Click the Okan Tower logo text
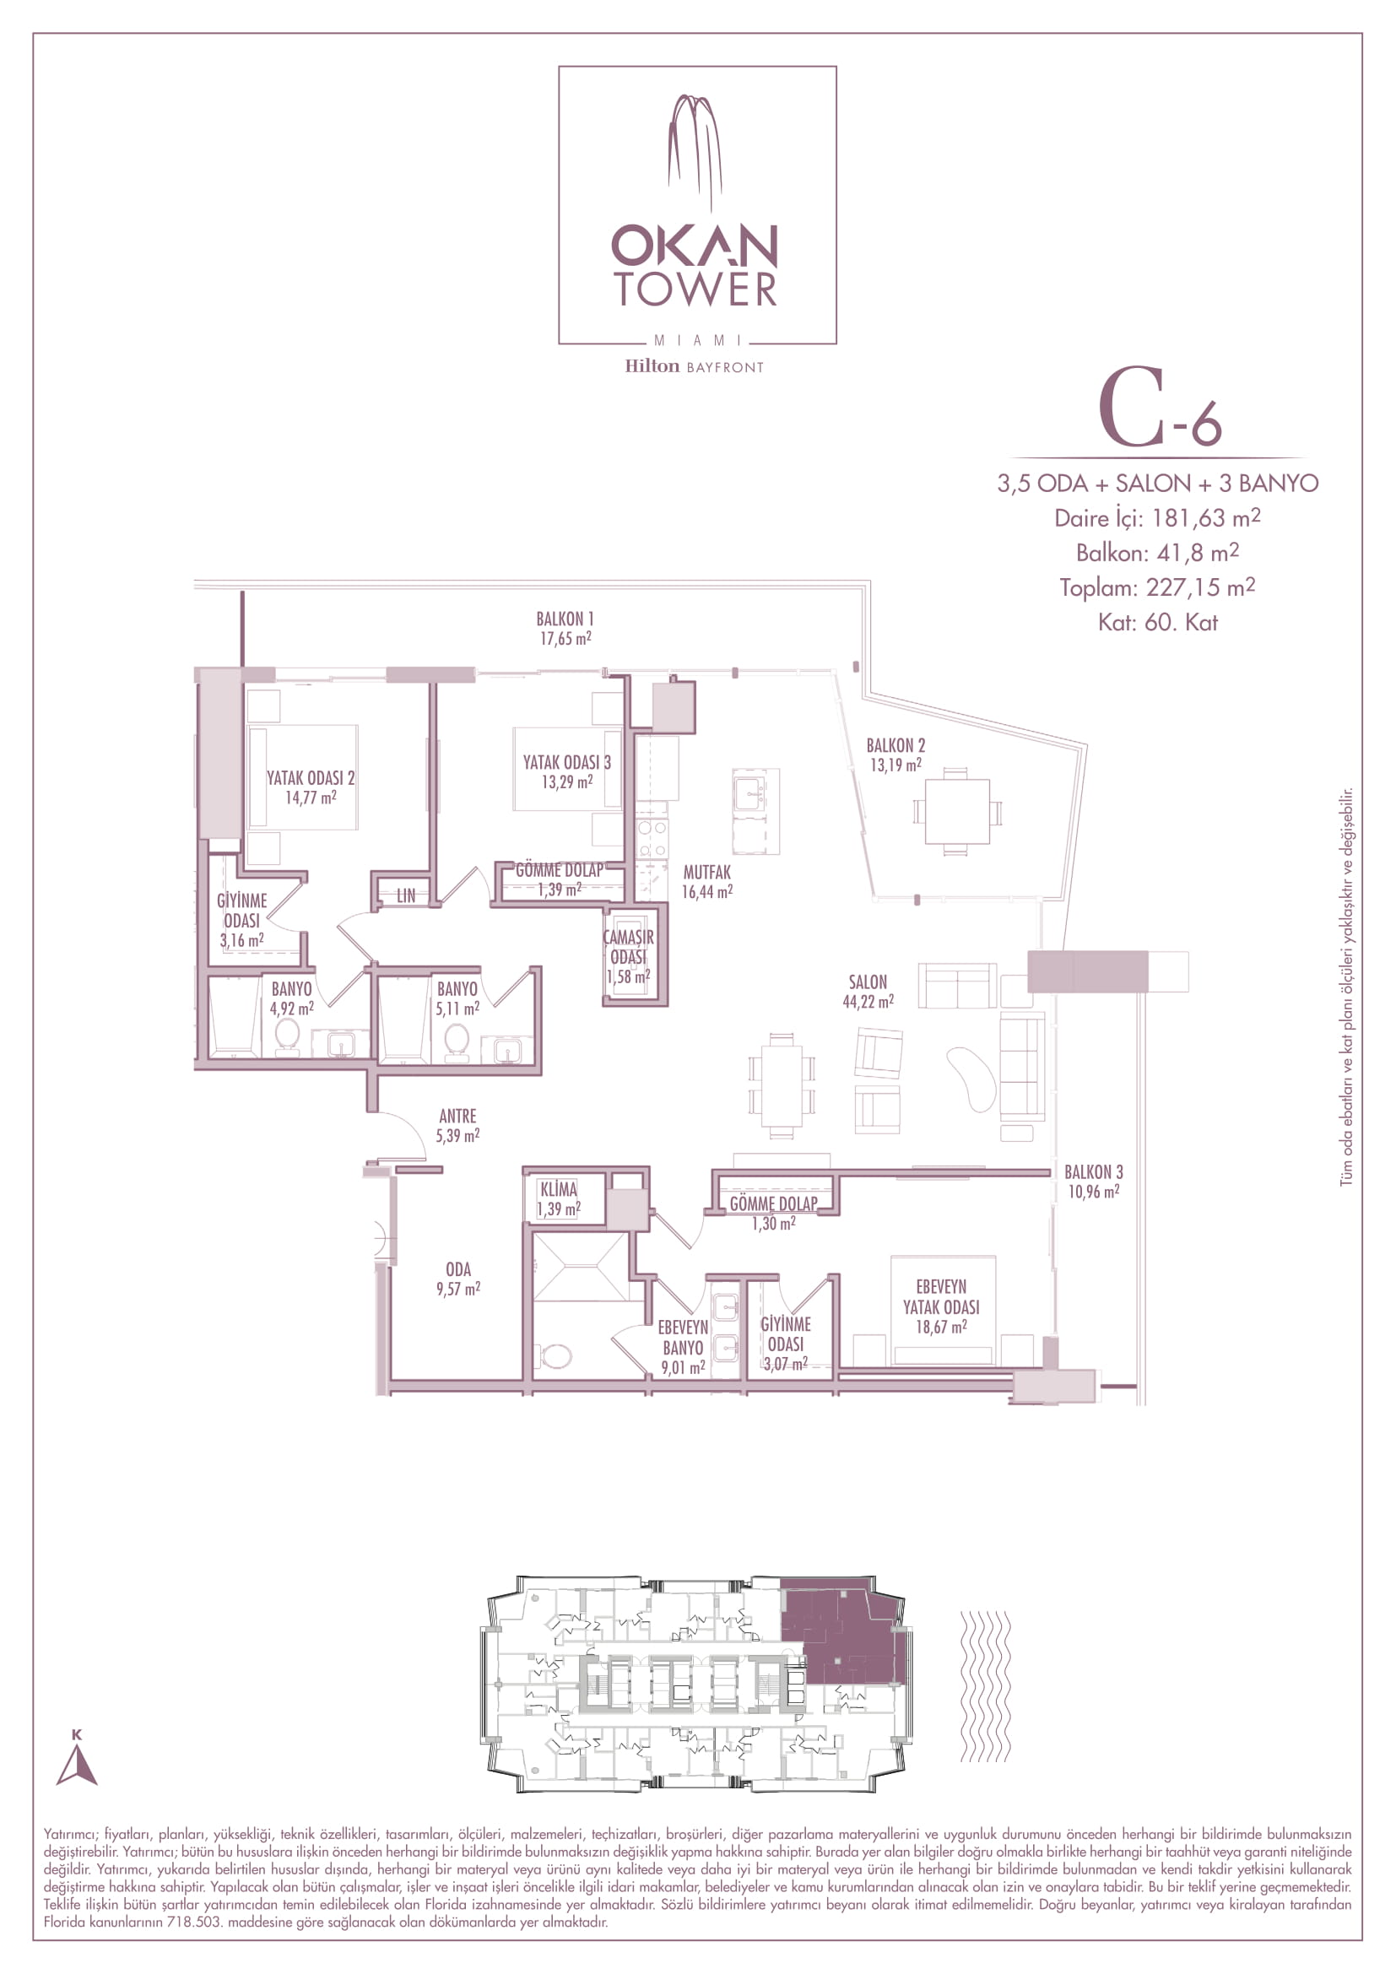695,266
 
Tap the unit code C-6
1160,408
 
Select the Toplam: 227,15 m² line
1157,587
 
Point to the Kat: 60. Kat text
1157,623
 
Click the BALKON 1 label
565,619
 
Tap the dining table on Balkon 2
957,812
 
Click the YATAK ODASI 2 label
311,778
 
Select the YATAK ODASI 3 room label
566,763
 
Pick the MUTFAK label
706,873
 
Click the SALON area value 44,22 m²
868,1002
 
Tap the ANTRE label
457,1116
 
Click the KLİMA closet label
559,1190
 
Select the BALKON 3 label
1093,1172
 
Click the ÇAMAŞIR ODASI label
629,947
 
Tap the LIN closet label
406,896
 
